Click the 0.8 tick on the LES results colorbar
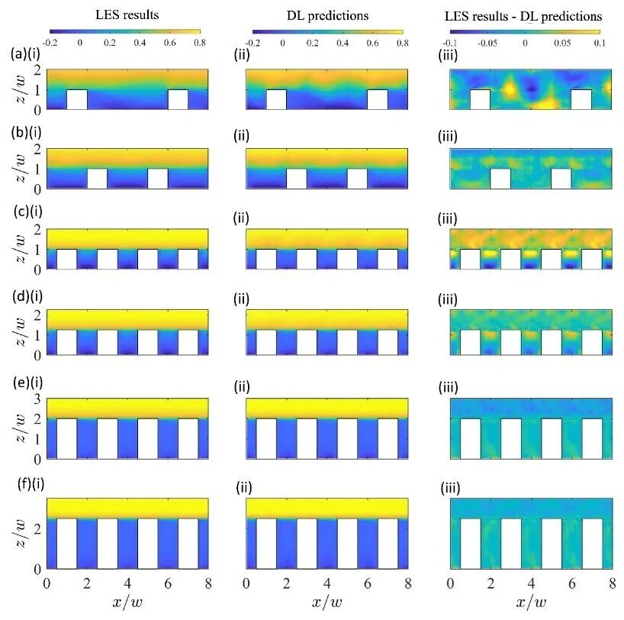click(199, 43)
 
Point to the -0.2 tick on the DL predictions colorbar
click(253, 43)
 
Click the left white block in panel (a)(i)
click(77, 99)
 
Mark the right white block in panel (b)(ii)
click(357, 178)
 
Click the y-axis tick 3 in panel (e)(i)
click(38, 399)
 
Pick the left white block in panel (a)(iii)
click(480, 99)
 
